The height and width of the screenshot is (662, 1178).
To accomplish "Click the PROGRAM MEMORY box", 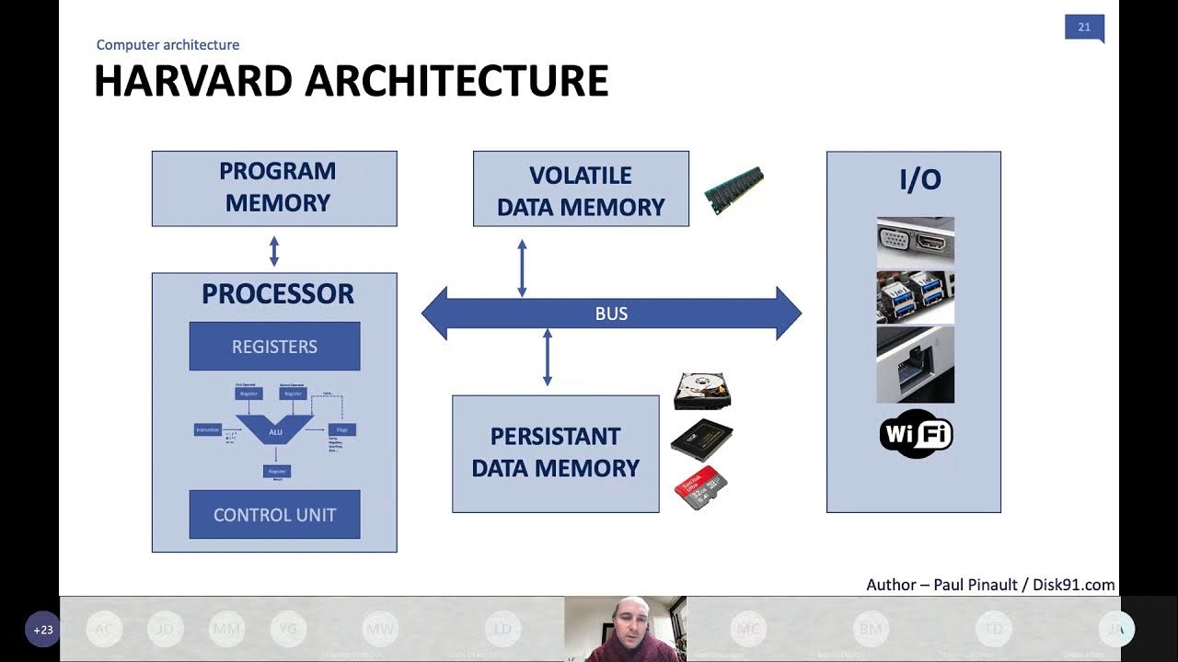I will (x=274, y=188).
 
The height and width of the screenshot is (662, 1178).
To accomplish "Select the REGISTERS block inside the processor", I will (x=274, y=347).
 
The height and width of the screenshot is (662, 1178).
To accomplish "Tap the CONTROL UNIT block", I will (x=274, y=515).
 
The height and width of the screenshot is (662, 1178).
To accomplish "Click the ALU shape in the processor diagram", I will (x=275, y=430).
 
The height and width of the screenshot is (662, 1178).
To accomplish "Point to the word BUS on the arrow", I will (x=611, y=314).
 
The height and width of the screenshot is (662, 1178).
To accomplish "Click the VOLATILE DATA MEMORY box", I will (x=581, y=189).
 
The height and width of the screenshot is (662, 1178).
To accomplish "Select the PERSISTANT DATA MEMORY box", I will (x=555, y=453).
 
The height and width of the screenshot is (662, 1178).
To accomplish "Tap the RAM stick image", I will (x=733, y=190).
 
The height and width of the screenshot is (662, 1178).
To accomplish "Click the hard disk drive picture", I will (x=702, y=391).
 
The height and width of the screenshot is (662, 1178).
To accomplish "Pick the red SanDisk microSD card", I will (x=701, y=488).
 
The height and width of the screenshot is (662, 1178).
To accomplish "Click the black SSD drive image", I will (x=701, y=439).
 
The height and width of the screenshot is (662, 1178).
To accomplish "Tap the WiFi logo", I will (x=916, y=434).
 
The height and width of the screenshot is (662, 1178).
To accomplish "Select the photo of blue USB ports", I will (x=915, y=296).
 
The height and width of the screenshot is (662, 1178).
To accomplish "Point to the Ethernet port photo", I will (x=915, y=365).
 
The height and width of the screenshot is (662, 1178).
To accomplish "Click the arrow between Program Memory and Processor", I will (x=273, y=250).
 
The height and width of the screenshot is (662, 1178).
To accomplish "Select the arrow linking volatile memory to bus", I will (x=522, y=268).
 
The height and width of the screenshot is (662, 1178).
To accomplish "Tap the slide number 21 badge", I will (x=1083, y=28).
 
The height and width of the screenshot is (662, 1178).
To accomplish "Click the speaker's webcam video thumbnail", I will (x=625, y=629).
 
